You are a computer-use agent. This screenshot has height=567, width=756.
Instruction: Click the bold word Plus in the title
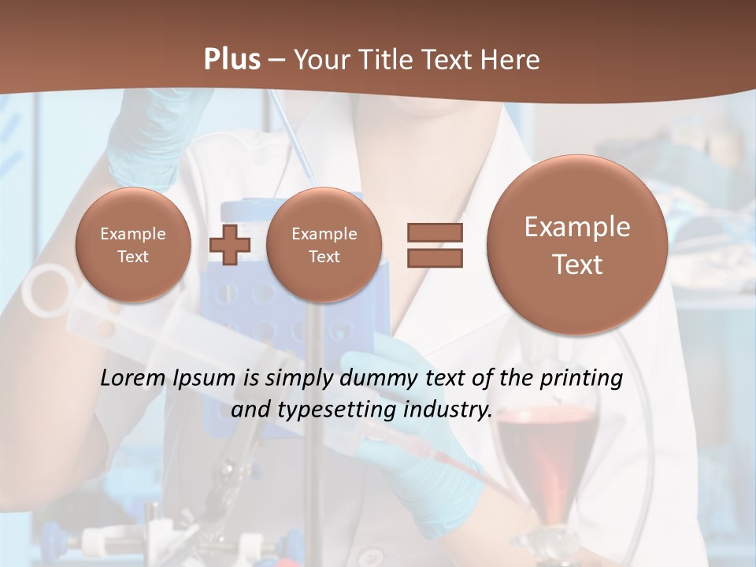coord(232,60)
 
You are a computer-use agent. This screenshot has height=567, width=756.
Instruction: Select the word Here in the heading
coord(510,60)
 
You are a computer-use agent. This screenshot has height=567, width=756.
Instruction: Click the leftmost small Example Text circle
coord(133,245)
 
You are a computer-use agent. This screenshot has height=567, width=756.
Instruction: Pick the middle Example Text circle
coord(324,245)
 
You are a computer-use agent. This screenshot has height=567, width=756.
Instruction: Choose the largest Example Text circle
coord(577,245)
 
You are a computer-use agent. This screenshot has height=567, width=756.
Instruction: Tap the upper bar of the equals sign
coord(435,232)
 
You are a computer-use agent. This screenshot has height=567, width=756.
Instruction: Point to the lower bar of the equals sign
coord(435,258)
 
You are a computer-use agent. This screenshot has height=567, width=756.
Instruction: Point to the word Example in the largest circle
coord(577,227)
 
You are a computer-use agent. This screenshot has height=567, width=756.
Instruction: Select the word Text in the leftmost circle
coord(133,257)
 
